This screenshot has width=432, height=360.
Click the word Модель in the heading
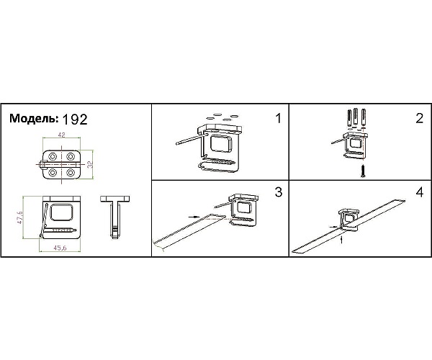[x=34, y=118]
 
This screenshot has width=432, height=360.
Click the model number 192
[x=75, y=120]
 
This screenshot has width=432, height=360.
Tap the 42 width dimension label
[x=61, y=135]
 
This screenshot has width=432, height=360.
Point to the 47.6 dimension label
[x=19, y=217]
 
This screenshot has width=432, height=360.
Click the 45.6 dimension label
[x=60, y=248]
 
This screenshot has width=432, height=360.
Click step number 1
[x=278, y=118]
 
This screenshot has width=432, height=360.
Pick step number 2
[x=419, y=118]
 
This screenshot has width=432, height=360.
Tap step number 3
[x=279, y=192]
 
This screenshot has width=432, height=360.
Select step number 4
[x=419, y=192]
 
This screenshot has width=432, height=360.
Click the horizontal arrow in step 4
[x=333, y=227]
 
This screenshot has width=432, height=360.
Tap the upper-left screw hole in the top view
[x=52, y=157]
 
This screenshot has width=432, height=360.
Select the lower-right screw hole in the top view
[x=71, y=173]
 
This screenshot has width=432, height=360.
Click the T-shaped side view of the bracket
[x=115, y=217]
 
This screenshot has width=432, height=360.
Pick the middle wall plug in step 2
[x=356, y=117]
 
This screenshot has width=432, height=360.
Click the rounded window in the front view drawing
[x=62, y=212]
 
